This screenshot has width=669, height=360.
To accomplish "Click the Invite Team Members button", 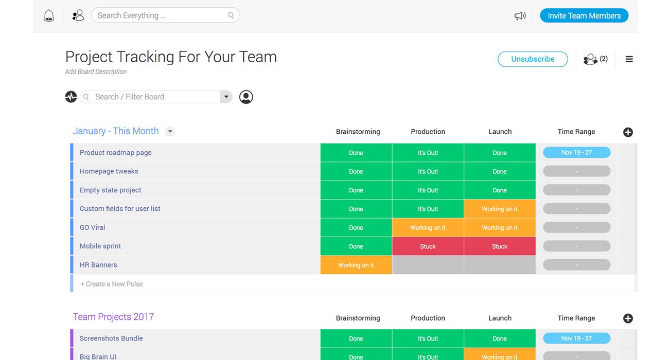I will point(584,15).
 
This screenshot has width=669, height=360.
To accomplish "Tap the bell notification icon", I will point(49,16).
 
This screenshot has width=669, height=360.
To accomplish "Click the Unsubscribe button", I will point(533,59).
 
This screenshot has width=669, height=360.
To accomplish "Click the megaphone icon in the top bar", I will point(520,16).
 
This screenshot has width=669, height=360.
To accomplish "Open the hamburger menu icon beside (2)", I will point(629,59).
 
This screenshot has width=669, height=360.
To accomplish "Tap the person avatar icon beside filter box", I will point(246,97).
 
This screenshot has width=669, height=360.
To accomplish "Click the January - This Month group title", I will point(116,131).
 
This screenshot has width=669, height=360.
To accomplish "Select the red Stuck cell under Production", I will point(428,246).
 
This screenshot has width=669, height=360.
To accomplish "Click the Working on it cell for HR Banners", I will point(356,265).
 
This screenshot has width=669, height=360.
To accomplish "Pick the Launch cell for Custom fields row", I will point(499,209).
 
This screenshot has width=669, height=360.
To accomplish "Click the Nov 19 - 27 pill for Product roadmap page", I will point(576,152).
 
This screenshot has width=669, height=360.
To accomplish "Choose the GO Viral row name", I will point(93,227).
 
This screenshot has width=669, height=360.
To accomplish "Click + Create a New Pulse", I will point(112,284).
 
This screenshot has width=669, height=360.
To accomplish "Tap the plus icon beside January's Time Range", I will point(628,132).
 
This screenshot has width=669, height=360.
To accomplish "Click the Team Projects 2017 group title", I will point(113,317).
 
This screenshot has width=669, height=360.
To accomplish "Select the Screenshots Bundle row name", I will point(111,338).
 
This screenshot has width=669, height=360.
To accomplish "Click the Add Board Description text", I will point(96,71).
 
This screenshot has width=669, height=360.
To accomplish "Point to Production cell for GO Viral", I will point(428,228).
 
